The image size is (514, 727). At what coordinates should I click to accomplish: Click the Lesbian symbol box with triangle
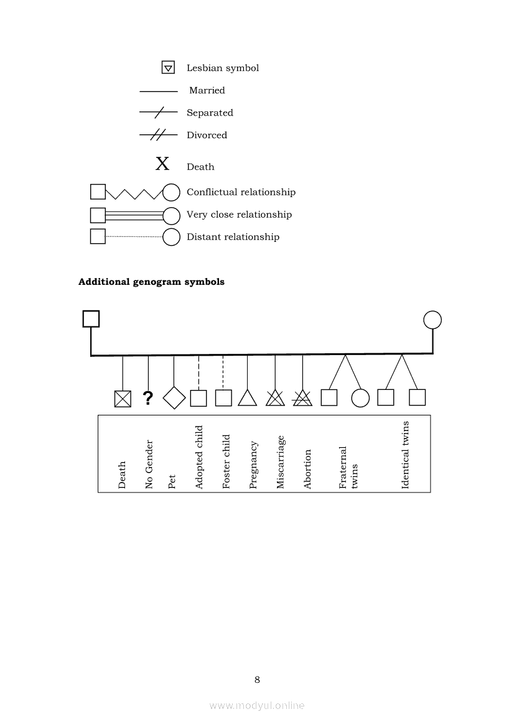[x=168, y=68]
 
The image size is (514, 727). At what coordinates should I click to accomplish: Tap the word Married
[x=207, y=91]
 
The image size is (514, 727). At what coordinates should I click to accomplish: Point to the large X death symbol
[x=162, y=164]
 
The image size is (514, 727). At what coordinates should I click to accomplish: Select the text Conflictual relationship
[x=241, y=192]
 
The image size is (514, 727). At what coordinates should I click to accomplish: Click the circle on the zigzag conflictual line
[x=171, y=193]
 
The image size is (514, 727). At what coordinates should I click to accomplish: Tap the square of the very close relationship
[x=98, y=215]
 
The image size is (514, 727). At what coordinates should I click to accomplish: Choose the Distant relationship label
[x=233, y=237]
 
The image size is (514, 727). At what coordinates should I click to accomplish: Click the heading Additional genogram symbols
[x=151, y=282]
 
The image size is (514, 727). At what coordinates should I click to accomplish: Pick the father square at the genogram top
[x=91, y=319]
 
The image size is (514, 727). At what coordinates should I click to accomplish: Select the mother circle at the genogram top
[x=432, y=320]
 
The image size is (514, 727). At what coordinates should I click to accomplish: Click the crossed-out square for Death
[x=123, y=399]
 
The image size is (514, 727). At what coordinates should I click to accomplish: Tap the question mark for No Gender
[x=148, y=398]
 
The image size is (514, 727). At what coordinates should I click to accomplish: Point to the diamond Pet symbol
[x=174, y=398]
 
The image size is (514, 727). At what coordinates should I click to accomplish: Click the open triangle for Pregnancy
[x=248, y=398]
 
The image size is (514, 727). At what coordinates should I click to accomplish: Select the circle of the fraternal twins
[x=360, y=398]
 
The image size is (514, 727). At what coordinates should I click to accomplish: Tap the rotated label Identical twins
[x=406, y=455]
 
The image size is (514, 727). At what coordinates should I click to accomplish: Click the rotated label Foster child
[x=227, y=461]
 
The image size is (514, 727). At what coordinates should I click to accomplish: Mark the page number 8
[x=257, y=680]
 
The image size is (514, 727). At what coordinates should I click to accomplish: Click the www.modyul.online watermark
[x=257, y=705]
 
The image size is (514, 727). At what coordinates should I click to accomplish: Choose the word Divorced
[x=207, y=136]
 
